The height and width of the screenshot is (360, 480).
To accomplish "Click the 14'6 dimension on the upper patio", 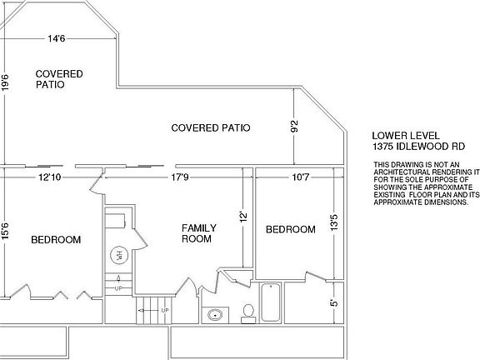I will tap(57, 38).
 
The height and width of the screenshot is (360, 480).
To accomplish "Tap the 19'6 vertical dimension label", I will tap(5, 85).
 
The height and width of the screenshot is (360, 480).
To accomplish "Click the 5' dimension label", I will tap(334, 302).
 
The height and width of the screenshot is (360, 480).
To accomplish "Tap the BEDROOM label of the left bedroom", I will tap(56, 240).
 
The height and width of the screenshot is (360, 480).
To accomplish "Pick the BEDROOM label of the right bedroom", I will tap(290, 229).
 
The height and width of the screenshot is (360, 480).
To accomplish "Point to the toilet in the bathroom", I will tap(247, 312).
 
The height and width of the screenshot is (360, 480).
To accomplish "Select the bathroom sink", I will tap(215, 314).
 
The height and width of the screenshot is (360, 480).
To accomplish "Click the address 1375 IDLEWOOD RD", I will tap(417, 147).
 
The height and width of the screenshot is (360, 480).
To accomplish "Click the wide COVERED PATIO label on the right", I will tap(210, 127).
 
